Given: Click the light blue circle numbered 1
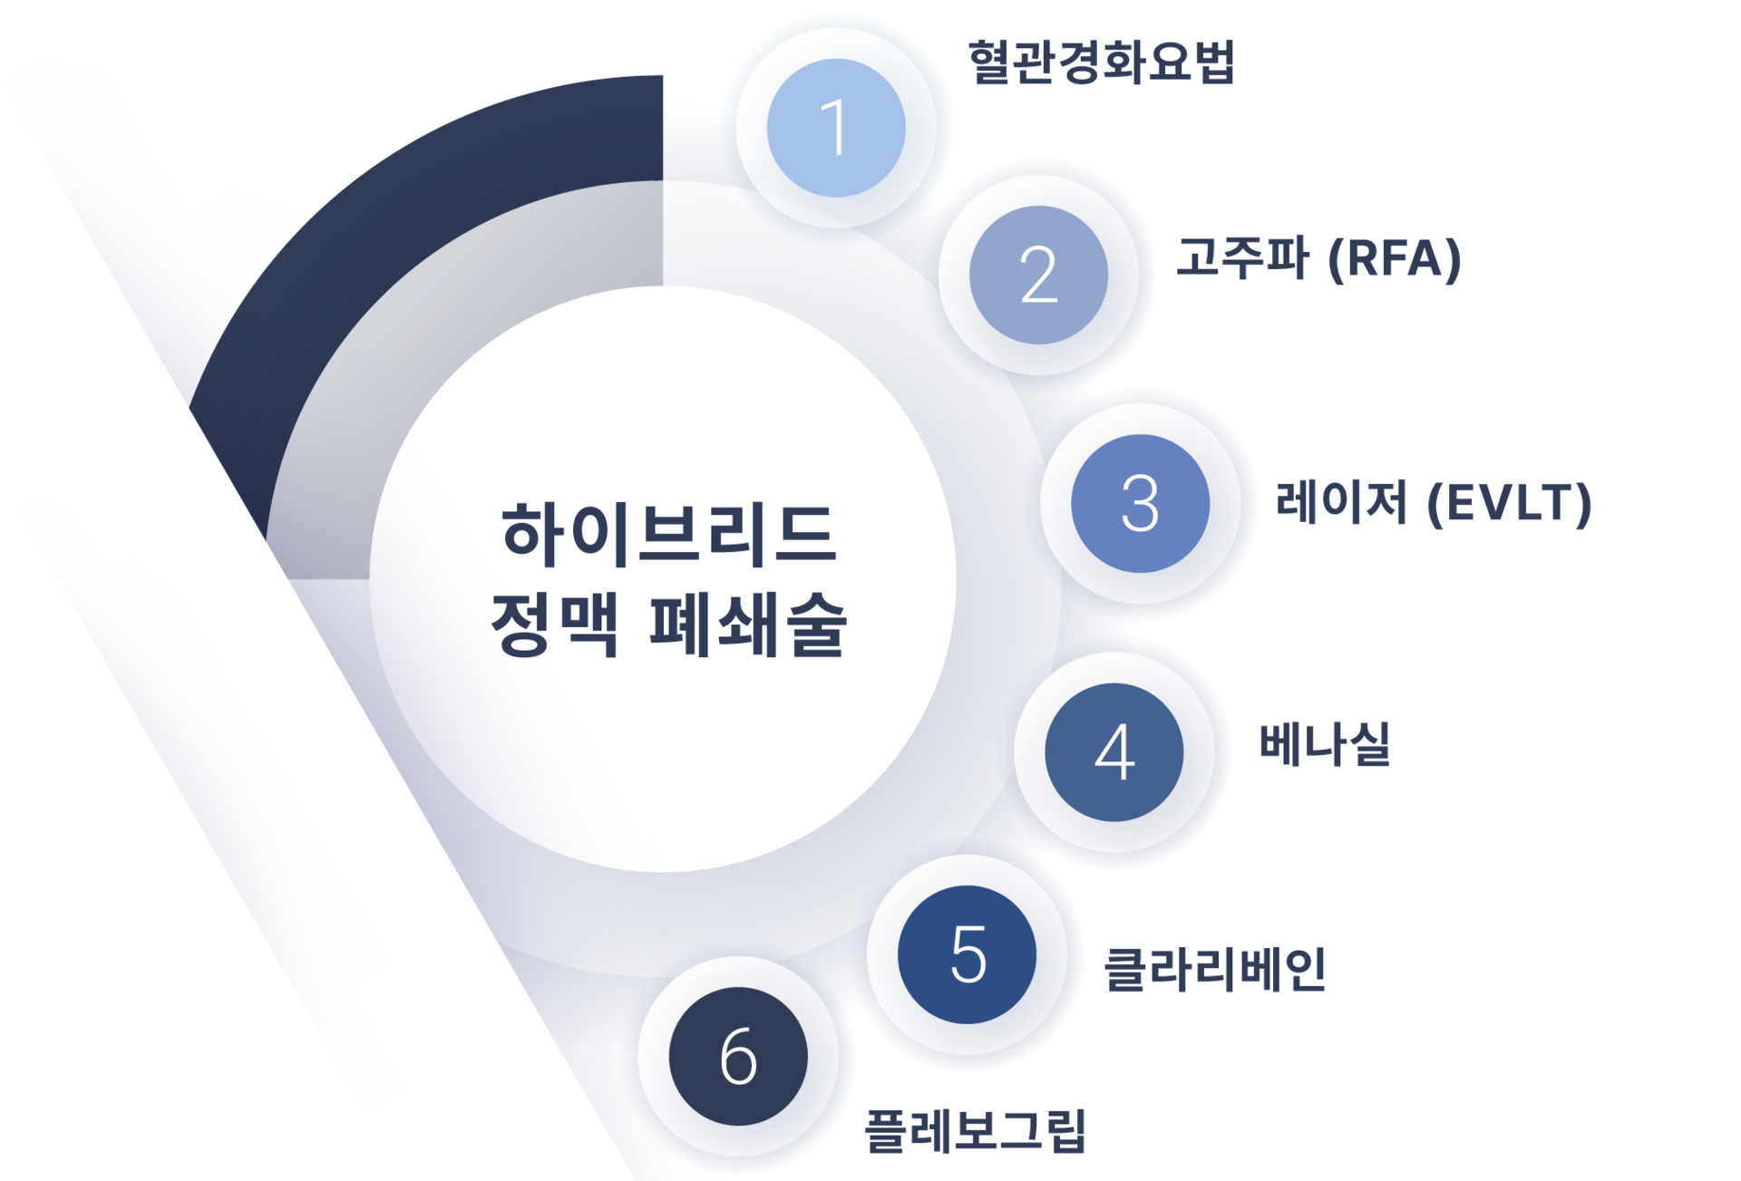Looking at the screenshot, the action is [835, 128].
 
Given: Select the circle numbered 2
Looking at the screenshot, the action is [1038, 275].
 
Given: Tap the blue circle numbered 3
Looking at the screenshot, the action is [1140, 503].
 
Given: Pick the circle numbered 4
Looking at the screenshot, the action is [1114, 751].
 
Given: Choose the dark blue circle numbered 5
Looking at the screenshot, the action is [967, 954].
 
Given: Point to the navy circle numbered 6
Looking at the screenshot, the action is [738, 1056].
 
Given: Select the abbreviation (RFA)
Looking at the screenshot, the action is [1394, 259].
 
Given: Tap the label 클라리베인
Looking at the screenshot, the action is [1214, 969].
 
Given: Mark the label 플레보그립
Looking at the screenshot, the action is [975, 1130].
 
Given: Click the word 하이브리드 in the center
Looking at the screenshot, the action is [668, 535].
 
